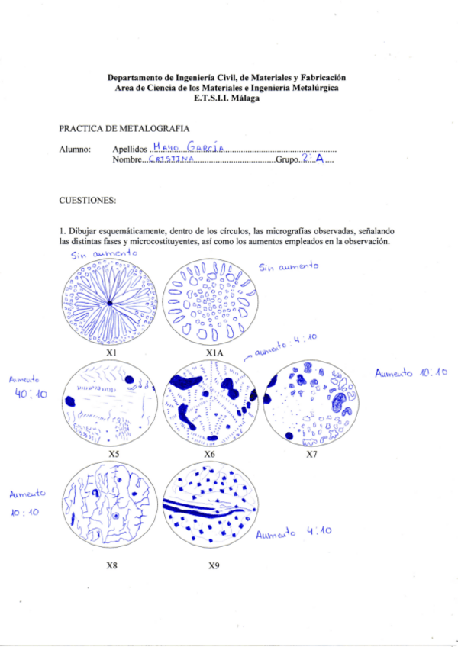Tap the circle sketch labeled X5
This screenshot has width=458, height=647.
[x=112, y=404]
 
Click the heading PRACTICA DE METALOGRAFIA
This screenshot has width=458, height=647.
[x=124, y=129]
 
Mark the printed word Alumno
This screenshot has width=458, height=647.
[x=75, y=149]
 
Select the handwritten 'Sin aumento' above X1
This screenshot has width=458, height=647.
[x=104, y=253]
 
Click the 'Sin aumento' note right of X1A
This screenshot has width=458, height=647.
[x=288, y=267]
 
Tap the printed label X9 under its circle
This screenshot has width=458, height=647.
[x=214, y=566]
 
